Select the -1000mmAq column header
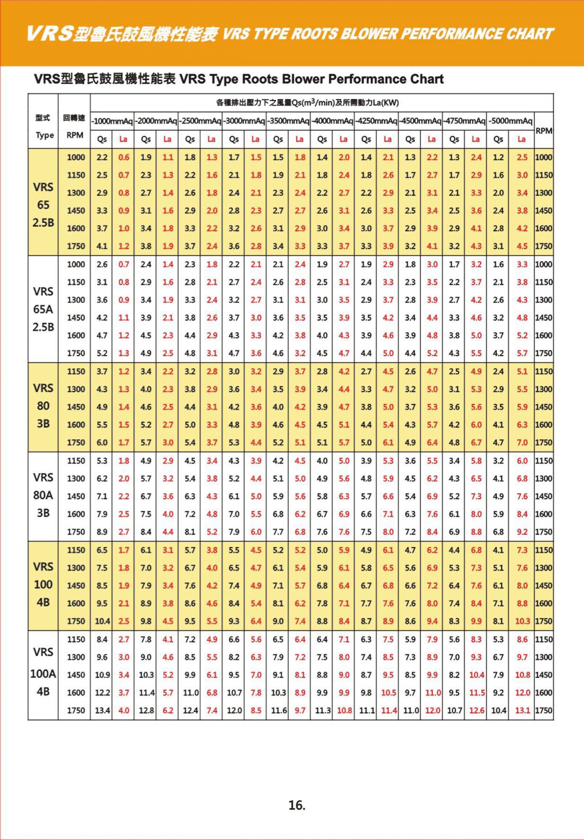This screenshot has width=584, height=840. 112,121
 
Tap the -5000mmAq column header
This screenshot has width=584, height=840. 511,121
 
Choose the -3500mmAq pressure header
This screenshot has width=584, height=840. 288,121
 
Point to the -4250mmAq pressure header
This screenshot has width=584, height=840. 377,121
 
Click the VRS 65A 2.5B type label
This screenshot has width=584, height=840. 43,309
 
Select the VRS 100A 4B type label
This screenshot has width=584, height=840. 43,674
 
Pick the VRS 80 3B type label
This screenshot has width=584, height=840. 43,406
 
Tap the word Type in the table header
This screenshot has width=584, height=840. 45,136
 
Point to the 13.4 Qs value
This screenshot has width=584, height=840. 101,710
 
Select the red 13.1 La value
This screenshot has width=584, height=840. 522,710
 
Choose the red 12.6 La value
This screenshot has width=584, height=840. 476,710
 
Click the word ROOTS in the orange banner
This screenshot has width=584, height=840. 311,34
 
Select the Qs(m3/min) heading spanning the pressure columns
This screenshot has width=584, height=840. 307,103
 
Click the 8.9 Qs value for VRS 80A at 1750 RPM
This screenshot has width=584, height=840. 102,532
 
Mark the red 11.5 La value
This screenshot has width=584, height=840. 477,693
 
